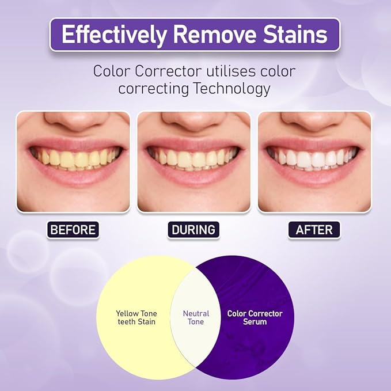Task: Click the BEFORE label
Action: click(73, 230)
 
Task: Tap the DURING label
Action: click(193, 230)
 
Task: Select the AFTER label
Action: click(314, 230)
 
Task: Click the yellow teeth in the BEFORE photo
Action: click(73, 158)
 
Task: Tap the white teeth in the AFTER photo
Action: click(314, 158)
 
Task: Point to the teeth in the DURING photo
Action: click(193, 158)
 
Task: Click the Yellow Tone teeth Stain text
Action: click(136, 318)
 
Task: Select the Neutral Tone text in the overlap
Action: click(196, 318)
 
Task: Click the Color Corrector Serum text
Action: click(255, 318)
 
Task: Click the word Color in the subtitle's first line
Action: click(112, 71)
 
